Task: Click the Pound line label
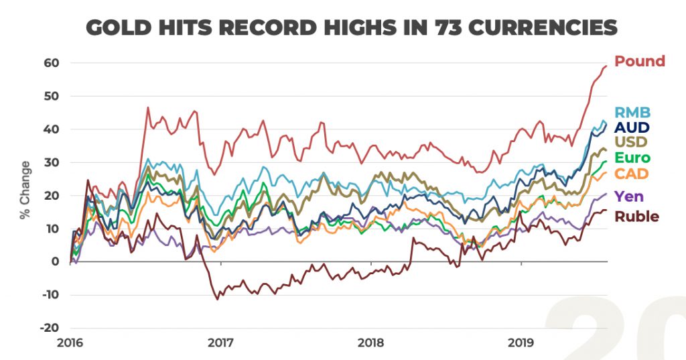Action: [640, 62]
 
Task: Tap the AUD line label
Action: [632, 127]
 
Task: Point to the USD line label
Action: [632, 143]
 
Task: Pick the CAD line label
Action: [632, 175]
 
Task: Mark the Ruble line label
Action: [636, 216]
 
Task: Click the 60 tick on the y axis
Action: [52, 63]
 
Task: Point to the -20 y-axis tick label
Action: [50, 328]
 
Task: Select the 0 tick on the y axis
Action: [56, 261]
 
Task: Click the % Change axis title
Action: [25, 190]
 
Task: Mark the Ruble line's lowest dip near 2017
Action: [217, 299]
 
